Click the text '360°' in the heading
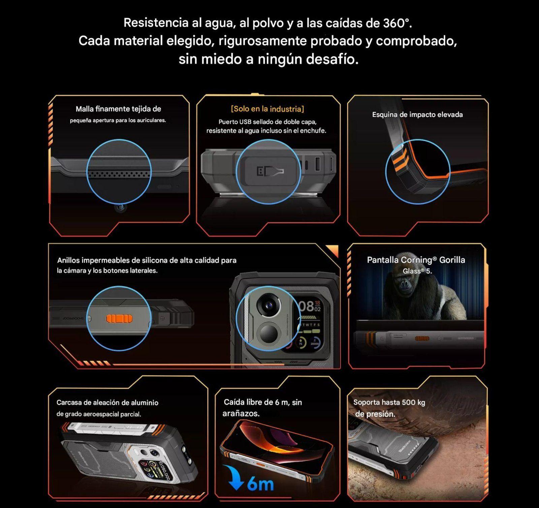pyautogui.click(x=398, y=23)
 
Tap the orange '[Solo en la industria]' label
pyautogui.click(x=267, y=109)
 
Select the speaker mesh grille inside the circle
pyautogui.click(x=119, y=173)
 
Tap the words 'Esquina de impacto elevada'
pyautogui.click(x=417, y=115)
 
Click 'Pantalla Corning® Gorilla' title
pyautogui.click(x=416, y=260)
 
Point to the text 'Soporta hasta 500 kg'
pyautogui.click(x=389, y=402)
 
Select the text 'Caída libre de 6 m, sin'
pyautogui.click(x=263, y=402)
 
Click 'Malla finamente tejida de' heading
pyautogui.click(x=118, y=109)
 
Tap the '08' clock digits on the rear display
pyautogui.click(x=306, y=307)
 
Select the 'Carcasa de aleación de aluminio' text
pyautogui.click(x=107, y=403)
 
